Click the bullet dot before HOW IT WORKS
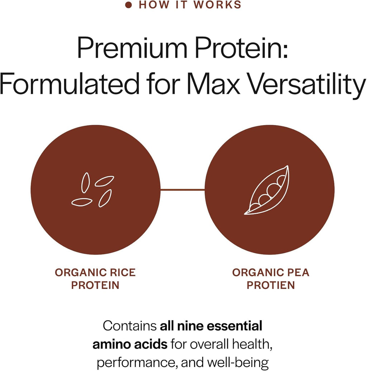[x=128, y=5]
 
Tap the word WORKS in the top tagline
[x=217, y=5]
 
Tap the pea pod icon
[x=267, y=190]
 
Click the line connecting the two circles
[x=182, y=189]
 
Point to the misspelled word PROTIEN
[x=271, y=285]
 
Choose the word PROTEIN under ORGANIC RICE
[x=95, y=285]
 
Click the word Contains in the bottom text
[x=130, y=326]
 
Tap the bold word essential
[x=234, y=326]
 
